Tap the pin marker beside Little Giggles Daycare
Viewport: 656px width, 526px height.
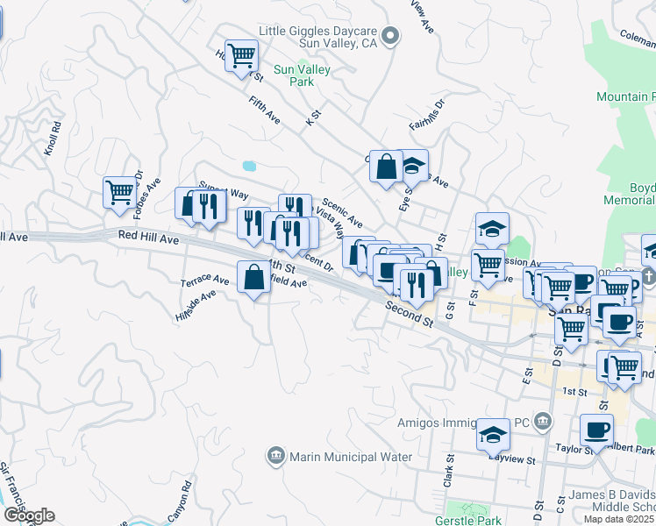pyautogui.click(x=392, y=36)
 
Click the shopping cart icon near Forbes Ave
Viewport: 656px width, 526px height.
pyautogui.click(x=118, y=191)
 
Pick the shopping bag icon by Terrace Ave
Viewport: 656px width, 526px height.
pyautogui.click(x=253, y=278)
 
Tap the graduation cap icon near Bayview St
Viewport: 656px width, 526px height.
pyautogui.click(x=493, y=435)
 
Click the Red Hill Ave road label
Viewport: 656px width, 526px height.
pyautogui.click(x=148, y=238)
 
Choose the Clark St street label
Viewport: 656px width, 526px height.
pyautogui.click(x=447, y=474)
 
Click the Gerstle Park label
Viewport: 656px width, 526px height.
pyautogui.click(x=467, y=520)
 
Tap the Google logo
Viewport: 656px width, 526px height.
pyautogui.click(x=28, y=515)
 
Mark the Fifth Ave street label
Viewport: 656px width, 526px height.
pyautogui.click(x=264, y=110)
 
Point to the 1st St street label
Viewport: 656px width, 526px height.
pyautogui.click(x=574, y=391)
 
